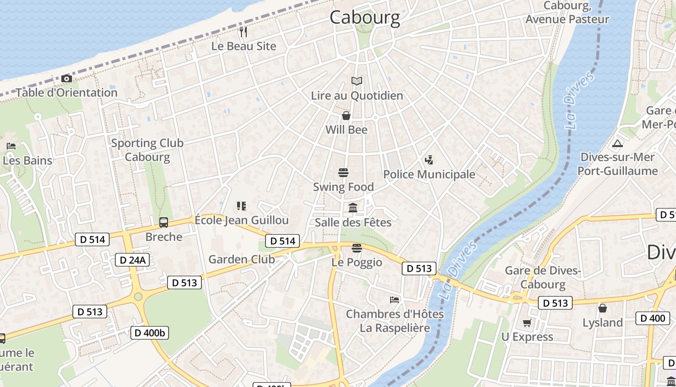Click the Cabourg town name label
point(365,17)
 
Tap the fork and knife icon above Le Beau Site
point(243,32)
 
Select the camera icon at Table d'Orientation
point(67,78)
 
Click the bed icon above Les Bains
point(11,146)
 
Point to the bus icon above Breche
point(164,223)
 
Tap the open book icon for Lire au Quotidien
point(357,81)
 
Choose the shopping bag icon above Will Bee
point(346,116)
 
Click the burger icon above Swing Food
point(343,173)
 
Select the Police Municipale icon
point(429,160)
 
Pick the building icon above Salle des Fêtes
point(353,208)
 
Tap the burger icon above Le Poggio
point(357,248)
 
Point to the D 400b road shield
point(150,333)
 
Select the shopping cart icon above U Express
point(527,323)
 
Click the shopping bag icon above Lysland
point(603,308)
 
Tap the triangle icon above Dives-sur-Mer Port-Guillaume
point(617,143)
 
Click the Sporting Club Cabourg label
point(147,150)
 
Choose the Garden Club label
point(241,259)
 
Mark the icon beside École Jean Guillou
point(241,206)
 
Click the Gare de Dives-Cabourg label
point(543,277)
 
